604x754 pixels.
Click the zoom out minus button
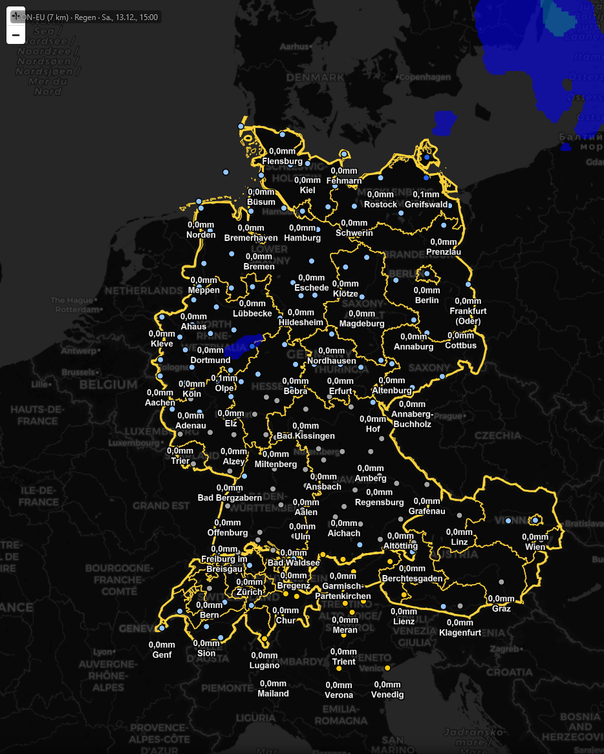(16, 35)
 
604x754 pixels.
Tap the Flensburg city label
(283, 161)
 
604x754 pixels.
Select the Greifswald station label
(426, 205)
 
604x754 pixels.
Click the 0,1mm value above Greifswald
(426, 194)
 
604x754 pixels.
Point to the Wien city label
(535, 547)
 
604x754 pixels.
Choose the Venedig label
(387, 695)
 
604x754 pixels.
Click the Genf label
(162, 655)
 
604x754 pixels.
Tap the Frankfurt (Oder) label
(468, 316)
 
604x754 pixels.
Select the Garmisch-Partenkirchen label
(343, 591)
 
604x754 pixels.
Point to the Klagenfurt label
(460, 633)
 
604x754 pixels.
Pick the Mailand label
(273, 693)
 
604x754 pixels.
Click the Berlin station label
(427, 300)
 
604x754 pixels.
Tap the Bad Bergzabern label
(230, 497)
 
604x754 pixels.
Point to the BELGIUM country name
(109, 384)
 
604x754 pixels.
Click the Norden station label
(201, 235)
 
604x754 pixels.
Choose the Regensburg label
(380, 502)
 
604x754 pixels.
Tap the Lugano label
(264, 665)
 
